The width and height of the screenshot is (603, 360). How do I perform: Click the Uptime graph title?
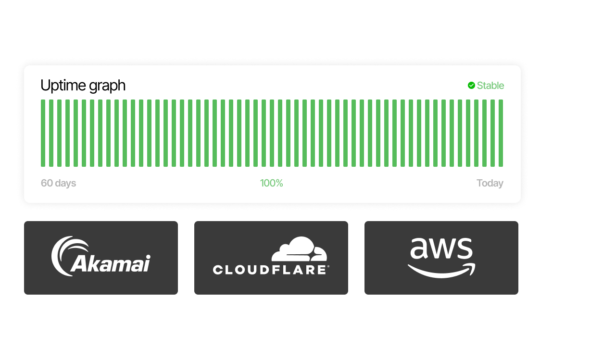[83, 86]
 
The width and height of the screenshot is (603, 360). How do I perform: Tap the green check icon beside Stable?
[471, 86]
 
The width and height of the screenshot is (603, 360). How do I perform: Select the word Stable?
[490, 86]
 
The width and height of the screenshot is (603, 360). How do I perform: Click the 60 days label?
[58, 183]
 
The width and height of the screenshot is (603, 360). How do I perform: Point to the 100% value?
[272, 183]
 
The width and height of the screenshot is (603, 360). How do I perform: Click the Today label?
[490, 183]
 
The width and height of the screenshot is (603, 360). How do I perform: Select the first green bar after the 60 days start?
[43, 133]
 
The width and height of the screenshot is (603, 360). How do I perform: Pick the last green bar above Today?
[501, 133]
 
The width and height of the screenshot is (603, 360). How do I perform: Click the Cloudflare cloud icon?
[299, 249]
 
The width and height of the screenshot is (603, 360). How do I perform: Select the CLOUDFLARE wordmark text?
[271, 270]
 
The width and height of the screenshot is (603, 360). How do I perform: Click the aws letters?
[441, 248]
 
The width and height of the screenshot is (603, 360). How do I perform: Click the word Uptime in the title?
[61, 86]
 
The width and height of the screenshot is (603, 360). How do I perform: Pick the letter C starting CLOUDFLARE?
[218, 270]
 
